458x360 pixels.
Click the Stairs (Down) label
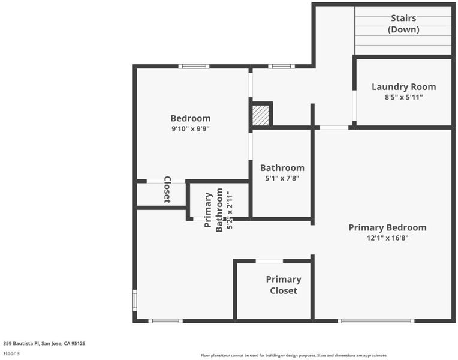(403, 23)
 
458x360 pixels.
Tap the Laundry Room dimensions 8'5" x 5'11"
(403, 97)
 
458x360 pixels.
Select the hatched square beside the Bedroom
(261, 116)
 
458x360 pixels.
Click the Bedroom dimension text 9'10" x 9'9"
(191, 128)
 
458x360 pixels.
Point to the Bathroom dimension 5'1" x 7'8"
(282, 178)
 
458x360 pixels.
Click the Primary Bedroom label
(387, 227)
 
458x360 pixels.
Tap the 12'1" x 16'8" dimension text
(388, 238)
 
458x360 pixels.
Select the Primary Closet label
(284, 285)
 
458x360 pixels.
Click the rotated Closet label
(167, 190)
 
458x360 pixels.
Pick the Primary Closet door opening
(269, 261)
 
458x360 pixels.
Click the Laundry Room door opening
(354, 106)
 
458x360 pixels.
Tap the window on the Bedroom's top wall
(194, 67)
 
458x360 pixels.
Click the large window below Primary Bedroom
(376, 321)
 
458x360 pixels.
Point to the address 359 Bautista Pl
(21, 343)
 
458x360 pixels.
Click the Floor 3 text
(11, 353)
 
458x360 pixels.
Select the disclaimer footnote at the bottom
(294, 355)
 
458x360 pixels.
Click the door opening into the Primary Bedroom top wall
(334, 128)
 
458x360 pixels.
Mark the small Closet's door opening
(165, 181)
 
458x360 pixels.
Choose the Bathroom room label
(282, 168)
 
